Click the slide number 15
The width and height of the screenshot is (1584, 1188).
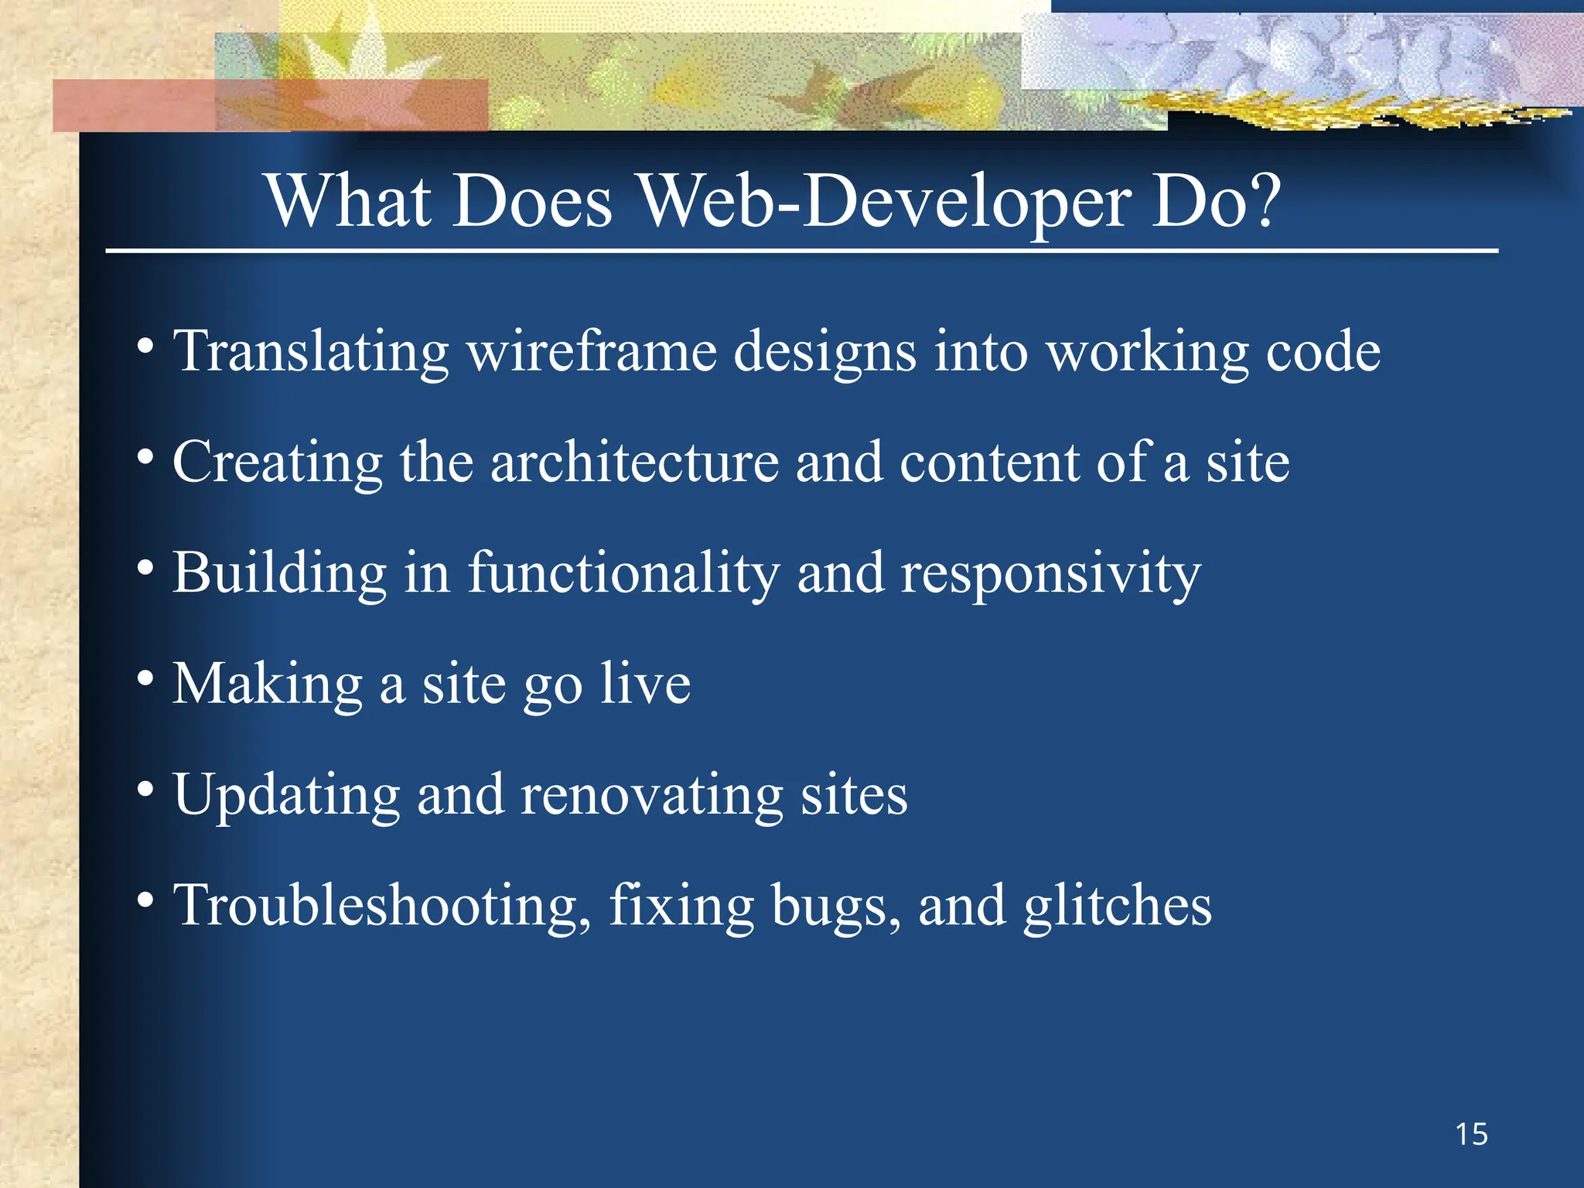click(1471, 1135)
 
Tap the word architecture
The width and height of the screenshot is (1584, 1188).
click(634, 463)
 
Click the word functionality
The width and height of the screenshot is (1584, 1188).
click(623, 574)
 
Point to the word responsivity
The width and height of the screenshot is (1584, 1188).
click(1051, 574)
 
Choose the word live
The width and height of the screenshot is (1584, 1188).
click(646, 684)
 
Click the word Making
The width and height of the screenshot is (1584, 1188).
click(268, 684)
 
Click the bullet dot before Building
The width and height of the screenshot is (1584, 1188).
click(145, 568)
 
